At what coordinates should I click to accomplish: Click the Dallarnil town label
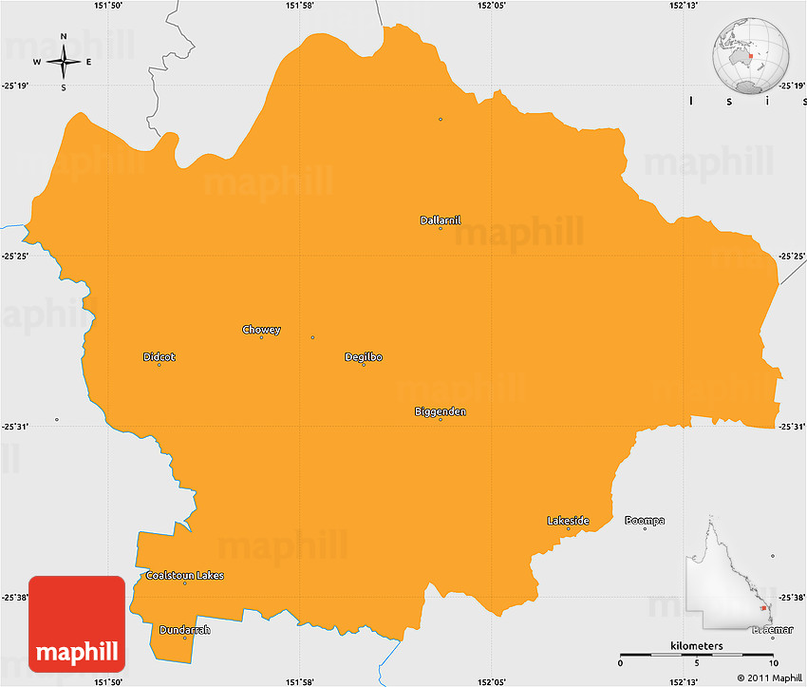pyautogui.click(x=441, y=220)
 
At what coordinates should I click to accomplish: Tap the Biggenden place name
pyautogui.click(x=441, y=411)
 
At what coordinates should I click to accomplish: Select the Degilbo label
pyautogui.click(x=364, y=357)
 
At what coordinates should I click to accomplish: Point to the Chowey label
pyautogui.click(x=261, y=330)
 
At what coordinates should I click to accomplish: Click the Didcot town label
pyautogui.click(x=160, y=357)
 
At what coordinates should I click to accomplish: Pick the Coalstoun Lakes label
pyautogui.click(x=185, y=576)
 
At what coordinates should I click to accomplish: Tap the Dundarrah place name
pyautogui.click(x=185, y=630)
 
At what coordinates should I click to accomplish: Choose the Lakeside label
pyautogui.click(x=568, y=521)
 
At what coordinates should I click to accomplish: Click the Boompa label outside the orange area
pyautogui.click(x=645, y=521)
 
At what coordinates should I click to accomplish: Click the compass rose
pyautogui.click(x=64, y=63)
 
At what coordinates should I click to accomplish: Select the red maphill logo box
pyautogui.click(x=77, y=623)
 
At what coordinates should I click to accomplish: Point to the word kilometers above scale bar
pyautogui.click(x=696, y=646)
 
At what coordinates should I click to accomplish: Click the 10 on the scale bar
pyautogui.click(x=773, y=663)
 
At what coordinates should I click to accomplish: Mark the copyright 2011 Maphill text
pyautogui.click(x=769, y=678)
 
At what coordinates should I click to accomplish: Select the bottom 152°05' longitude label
pyautogui.click(x=492, y=681)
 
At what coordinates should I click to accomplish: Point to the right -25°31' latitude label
pyautogui.click(x=792, y=426)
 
